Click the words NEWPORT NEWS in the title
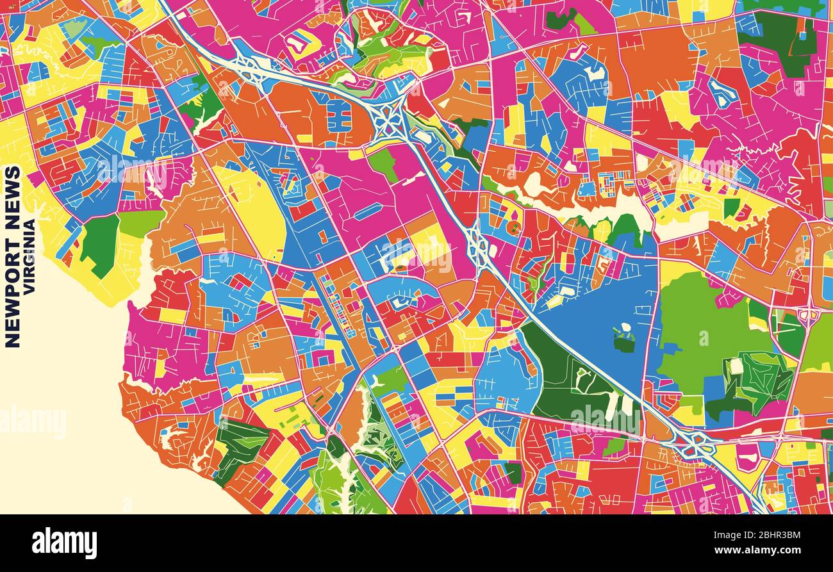tap(12, 256)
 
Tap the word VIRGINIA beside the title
tap(29, 256)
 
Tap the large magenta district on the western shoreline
tap(160, 352)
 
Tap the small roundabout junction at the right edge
tap(809, 314)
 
